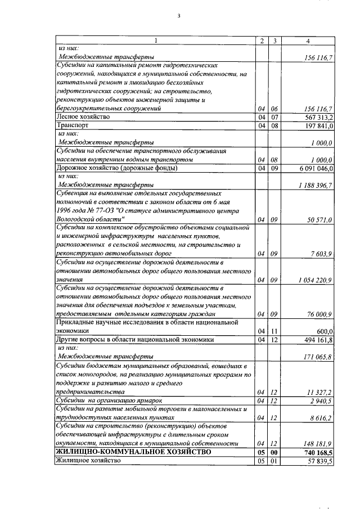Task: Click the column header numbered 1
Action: (155, 40)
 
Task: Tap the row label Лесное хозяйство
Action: (82, 117)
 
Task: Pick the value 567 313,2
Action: (317, 117)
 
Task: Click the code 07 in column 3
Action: (274, 117)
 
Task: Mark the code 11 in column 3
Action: (274, 331)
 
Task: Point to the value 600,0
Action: (325, 331)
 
